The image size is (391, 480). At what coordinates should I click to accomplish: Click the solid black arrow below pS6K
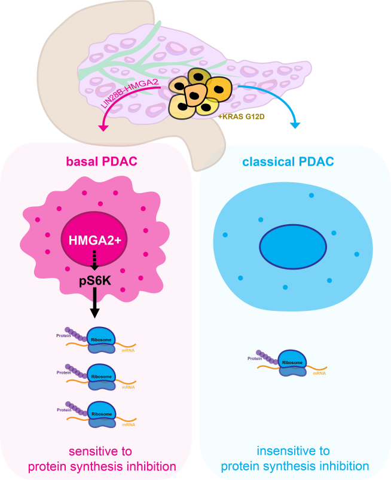(x=94, y=305)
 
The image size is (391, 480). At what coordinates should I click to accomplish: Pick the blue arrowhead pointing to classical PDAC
(x=294, y=124)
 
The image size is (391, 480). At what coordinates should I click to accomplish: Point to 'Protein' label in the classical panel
(x=255, y=358)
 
